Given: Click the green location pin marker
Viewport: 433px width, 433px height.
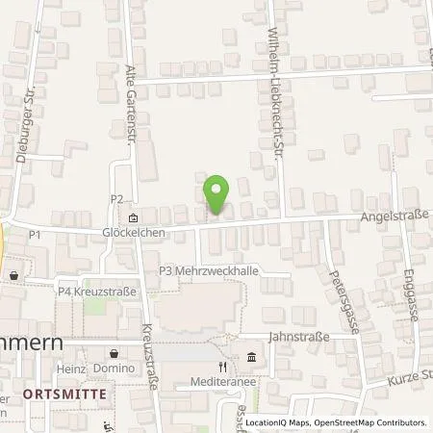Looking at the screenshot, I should (217, 195).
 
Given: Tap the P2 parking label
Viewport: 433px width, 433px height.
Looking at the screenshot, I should (117, 199).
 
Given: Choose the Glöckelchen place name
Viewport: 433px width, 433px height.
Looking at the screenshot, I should (133, 232).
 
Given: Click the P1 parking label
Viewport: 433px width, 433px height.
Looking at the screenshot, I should (35, 234).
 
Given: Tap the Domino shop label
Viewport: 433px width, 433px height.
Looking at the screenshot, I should (114, 369).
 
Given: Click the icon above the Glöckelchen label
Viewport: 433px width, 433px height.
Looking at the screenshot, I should (133, 216).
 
